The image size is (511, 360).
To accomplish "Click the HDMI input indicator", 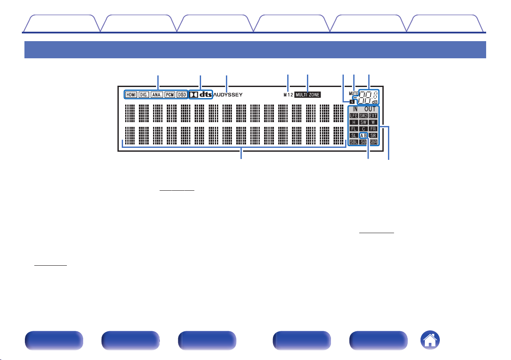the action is pyautogui.click(x=131, y=95).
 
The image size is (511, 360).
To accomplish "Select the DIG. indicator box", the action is pyautogui.click(x=144, y=95).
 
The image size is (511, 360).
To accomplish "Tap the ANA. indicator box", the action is pyautogui.click(x=157, y=95).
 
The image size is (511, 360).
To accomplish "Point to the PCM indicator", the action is pyautogui.click(x=170, y=95).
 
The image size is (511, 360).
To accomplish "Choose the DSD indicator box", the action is pyautogui.click(x=182, y=95).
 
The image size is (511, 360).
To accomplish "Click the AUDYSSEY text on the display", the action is pyautogui.click(x=228, y=95).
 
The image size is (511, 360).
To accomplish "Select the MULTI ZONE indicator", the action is pyautogui.click(x=308, y=95).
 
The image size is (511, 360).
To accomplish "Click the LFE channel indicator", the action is pyautogui.click(x=353, y=116).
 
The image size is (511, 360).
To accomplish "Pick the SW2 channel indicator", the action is pyautogui.click(x=363, y=116).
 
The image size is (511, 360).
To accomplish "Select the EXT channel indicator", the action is pyautogui.click(x=373, y=116).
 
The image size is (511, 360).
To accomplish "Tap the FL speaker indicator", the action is pyautogui.click(x=353, y=129).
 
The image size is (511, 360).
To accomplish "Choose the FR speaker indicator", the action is pyautogui.click(x=373, y=129).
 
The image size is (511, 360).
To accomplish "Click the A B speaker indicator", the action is pyautogui.click(x=363, y=135).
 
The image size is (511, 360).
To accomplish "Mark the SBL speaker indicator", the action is pyautogui.click(x=353, y=141).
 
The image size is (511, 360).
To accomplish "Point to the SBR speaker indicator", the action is pyautogui.click(x=373, y=141).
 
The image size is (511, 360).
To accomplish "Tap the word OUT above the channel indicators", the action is pyautogui.click(x=370, y=109).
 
